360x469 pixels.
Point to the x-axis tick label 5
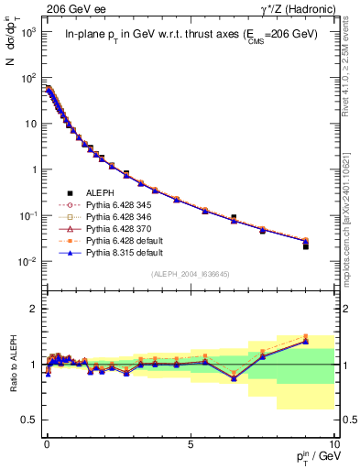190,444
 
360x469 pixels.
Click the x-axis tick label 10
333,444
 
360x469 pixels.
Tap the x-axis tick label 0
46,444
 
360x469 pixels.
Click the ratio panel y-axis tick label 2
34,309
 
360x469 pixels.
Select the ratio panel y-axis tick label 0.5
29,420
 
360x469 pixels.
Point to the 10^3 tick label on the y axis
27,32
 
